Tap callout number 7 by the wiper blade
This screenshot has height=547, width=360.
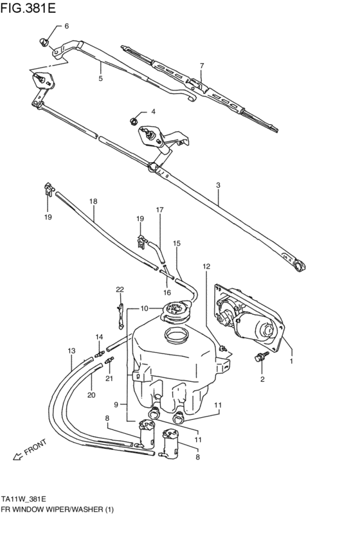[x=201, y=66]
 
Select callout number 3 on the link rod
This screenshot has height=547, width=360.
[x=218, y=185]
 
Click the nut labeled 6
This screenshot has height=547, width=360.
[x=44, y=42]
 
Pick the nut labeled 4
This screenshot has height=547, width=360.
[x=133, y=119]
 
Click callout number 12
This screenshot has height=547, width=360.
[x=206, y=265]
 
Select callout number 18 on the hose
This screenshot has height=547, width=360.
[x=93, y=201]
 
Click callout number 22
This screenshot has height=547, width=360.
[x=119, y=289]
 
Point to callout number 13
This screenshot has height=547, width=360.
[x=71, y=351]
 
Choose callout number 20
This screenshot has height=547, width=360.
[x=91, y=395]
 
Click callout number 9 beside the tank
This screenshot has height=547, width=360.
[x=117, y=404]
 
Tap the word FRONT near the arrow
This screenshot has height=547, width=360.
[x=36, y=447]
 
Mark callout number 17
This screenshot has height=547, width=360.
[x=159, y=210]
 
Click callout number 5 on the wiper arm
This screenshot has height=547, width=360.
[x=100, y=78]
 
